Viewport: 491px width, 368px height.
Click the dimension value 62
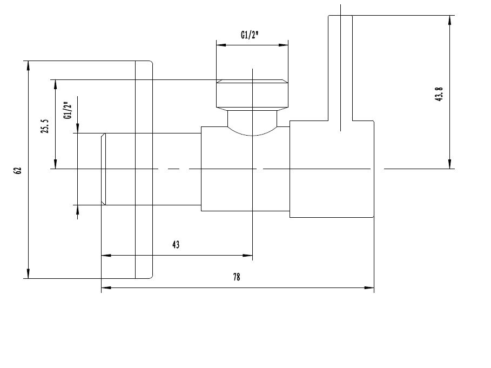18,170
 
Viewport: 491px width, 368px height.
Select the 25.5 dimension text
45,126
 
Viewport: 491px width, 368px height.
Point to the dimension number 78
237,277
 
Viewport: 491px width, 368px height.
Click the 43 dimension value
176,244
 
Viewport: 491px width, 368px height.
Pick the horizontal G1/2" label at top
250,35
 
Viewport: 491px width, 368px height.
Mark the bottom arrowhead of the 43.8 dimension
449,164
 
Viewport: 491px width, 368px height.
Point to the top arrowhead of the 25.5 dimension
54,83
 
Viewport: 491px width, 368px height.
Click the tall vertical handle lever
340,65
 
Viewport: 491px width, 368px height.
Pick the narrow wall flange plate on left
144,170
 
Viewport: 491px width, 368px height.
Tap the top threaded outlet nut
252,95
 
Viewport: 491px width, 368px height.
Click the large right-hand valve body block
332,169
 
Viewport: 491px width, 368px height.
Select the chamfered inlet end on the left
103,169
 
